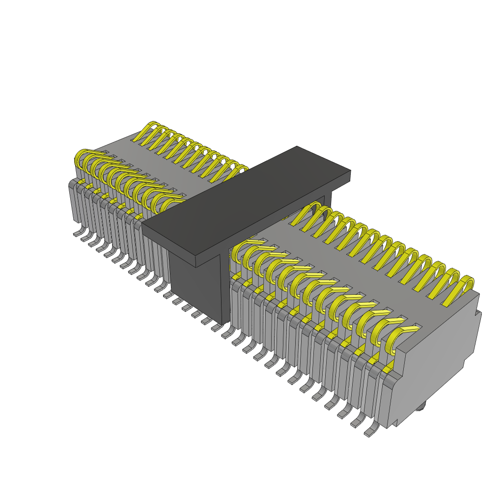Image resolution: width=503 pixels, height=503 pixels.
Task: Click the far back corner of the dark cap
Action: click(x=297, y=146)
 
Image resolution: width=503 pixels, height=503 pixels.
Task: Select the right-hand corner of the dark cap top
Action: click(x=350, y=171)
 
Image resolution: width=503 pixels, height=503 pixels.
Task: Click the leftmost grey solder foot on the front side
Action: click(x=78, y=232)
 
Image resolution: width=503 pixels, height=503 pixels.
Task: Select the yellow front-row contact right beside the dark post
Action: click(x=241, y=251)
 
